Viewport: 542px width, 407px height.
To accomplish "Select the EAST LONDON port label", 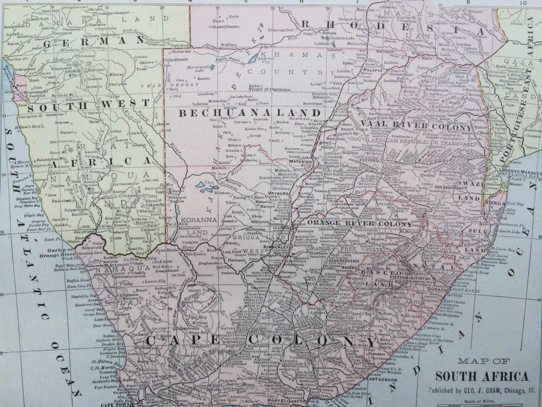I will coord(382,380).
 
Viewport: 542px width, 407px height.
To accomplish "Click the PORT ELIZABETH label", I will coord(285,400).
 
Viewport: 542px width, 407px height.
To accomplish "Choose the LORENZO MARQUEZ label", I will coord(520,173).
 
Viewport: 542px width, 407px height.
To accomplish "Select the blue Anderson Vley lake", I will coord(255,57).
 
